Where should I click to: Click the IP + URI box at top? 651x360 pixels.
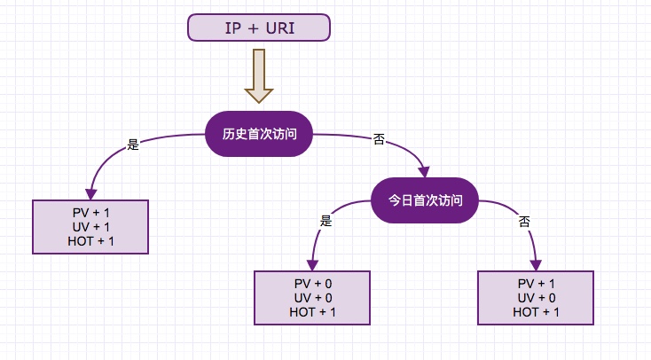pyautogui.click(x=259, y=27)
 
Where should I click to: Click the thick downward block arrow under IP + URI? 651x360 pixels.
pyautogui.click(x=259, y=76)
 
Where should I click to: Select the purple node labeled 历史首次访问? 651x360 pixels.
pyautogui.click(x=259, y=135)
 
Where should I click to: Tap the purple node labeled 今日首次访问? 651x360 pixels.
pyautogui.click(x=426, y=200)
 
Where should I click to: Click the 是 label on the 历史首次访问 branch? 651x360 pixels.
pyautogui.click(x=134, y=145)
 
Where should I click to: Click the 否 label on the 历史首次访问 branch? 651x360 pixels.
pyautogui.click(x=379, y=140)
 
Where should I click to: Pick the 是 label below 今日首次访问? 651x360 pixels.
pyautogui.click(x=325, y=222)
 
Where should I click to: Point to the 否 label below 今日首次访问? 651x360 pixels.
pyautogui.click(x=524, y=221)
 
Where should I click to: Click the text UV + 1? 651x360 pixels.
pyautogui.click(x=90, y=227)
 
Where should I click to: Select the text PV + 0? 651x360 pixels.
pyautogui.click(x=313, y=283)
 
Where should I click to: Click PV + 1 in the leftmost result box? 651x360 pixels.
pyautogui.click(x=90, y=213)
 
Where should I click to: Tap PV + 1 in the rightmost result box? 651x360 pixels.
pyautogui.click(x=537, y=283)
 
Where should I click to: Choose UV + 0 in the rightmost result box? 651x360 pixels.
pyautogui.click(x=537, y=297)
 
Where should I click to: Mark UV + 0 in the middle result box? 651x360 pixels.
pyautogui.click(x=313, y=297)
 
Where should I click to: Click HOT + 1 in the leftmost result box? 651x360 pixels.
pyautogui.click(x=90, y=241)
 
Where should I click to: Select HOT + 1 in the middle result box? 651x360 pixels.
pyautogui.click(x=313, y=311)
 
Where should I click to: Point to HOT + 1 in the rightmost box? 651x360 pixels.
pyautogui.click(x=537, y=311)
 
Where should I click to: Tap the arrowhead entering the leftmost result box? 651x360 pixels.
pyautogui.click(x=90, y=194)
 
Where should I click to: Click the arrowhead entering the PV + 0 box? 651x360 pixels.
pyautogui.click(x=312, y=264)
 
